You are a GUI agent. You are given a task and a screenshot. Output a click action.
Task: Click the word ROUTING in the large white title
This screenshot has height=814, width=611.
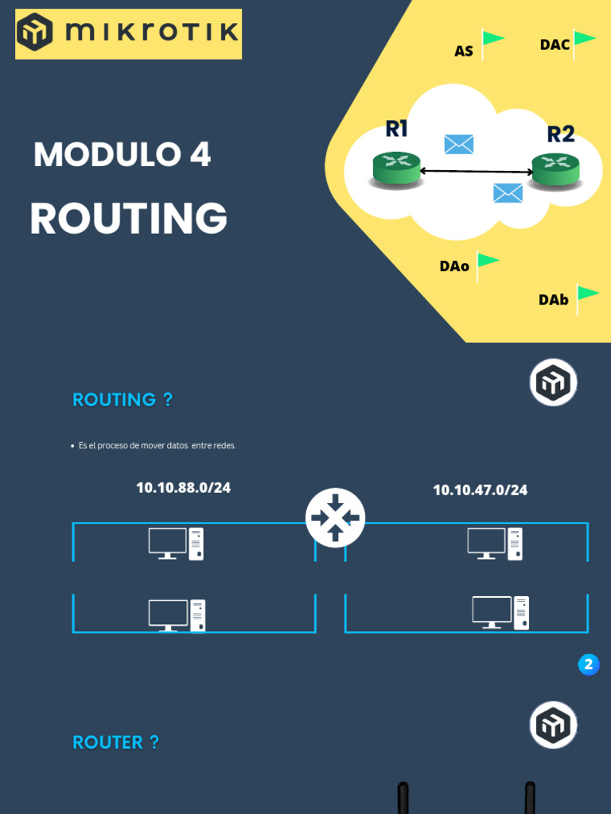(129, 218)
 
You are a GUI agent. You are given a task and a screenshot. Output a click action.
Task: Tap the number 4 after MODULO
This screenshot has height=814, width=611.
(200, 154)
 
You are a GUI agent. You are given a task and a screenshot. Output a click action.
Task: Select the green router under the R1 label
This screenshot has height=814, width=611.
(396, 169)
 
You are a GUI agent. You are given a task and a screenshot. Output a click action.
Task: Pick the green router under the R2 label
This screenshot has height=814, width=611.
(555, 170)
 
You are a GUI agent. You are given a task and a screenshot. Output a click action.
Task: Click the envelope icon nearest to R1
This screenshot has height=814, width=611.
(459, 145)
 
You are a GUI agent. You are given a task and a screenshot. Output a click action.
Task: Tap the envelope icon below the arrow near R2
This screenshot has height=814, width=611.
(508, 193)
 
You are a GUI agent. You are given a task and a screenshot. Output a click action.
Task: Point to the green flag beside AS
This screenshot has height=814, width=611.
(492, 44)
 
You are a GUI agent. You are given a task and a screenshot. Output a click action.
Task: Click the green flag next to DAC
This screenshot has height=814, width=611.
(583, 44)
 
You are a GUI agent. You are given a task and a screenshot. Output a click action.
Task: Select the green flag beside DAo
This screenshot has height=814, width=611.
(488, 266)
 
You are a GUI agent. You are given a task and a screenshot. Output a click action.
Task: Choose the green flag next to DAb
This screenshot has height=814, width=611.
(588, 300)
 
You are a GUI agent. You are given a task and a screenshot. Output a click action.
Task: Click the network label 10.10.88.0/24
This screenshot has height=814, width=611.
(184, 488)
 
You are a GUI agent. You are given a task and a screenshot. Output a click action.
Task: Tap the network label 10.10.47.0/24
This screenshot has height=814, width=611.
(480, 490)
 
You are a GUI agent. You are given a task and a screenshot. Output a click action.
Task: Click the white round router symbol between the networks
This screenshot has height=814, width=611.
(335, 517)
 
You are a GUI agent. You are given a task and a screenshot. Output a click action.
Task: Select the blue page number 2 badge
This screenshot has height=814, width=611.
(589, 665)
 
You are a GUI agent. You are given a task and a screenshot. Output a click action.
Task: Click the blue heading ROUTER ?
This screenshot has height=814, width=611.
(115, 742)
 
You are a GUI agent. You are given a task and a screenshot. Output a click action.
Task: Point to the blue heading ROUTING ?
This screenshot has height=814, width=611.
(122, 400)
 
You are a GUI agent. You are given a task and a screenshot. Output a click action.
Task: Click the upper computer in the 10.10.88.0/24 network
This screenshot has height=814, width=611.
(176, 544)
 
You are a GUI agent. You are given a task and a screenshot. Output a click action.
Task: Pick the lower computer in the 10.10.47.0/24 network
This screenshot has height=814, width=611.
(500, 613)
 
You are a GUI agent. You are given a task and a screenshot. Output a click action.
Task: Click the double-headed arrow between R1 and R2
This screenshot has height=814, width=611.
(476, 171)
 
